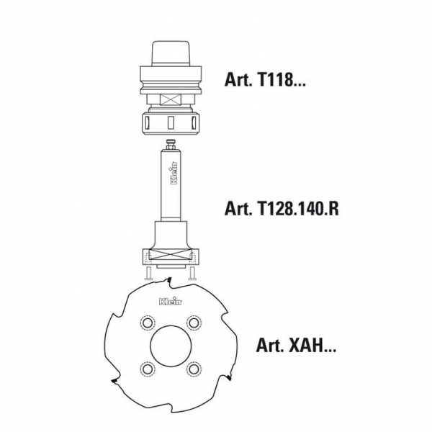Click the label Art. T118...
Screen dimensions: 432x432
coord(265,80)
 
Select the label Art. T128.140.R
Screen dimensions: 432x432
coord(282,208)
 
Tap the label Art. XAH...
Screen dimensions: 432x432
coord(296,345)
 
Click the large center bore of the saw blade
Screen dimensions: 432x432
coord(171,346)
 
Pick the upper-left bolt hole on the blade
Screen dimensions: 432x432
coord(148,322)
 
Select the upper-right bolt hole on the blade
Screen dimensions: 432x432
coord(194,322)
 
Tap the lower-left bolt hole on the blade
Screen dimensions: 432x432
coord(148,369)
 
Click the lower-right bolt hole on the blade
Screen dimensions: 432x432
coord(194,369)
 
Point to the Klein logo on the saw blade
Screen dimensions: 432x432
coord(171,302)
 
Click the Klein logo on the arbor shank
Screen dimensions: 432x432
coord(174,173)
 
